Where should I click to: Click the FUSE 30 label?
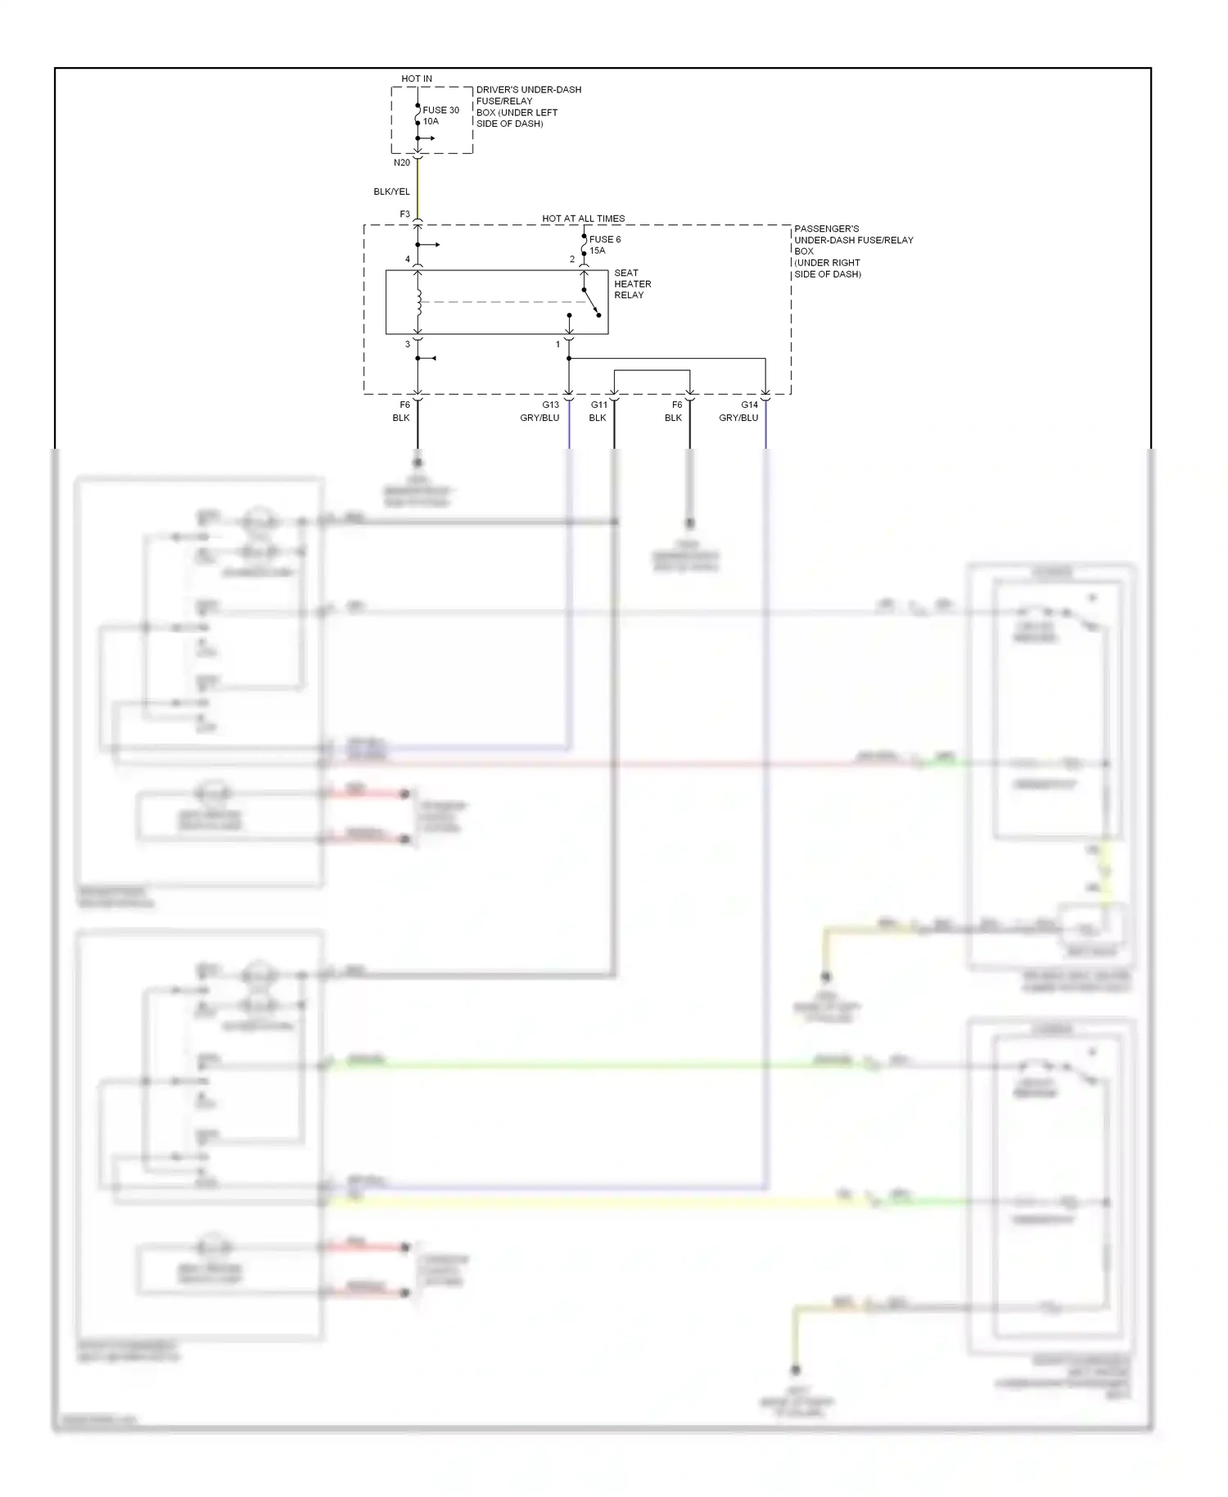coord(440,110)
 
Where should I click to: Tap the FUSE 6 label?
coord(605,239)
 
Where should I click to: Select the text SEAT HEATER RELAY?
coord(632,284)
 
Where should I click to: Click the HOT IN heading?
coord(417,79)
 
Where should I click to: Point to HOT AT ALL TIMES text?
coord(583,219)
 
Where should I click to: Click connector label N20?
coord(402,163)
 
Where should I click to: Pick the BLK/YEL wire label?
coord(391,192)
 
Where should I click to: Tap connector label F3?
coord(404,215)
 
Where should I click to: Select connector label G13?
coord(550,405)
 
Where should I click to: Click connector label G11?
coord(599,405)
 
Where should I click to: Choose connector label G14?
coord(749,405)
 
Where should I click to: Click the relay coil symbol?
coord(418,301)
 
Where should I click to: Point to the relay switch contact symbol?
coord(591,301)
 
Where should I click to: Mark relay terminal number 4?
coord(408,260)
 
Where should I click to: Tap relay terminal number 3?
coord(408,345)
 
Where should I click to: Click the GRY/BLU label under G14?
coord(738,418)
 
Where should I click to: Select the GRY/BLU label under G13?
coord(540,418)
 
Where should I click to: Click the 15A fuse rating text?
coord(598,251)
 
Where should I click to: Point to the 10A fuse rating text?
coord(431,121)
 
